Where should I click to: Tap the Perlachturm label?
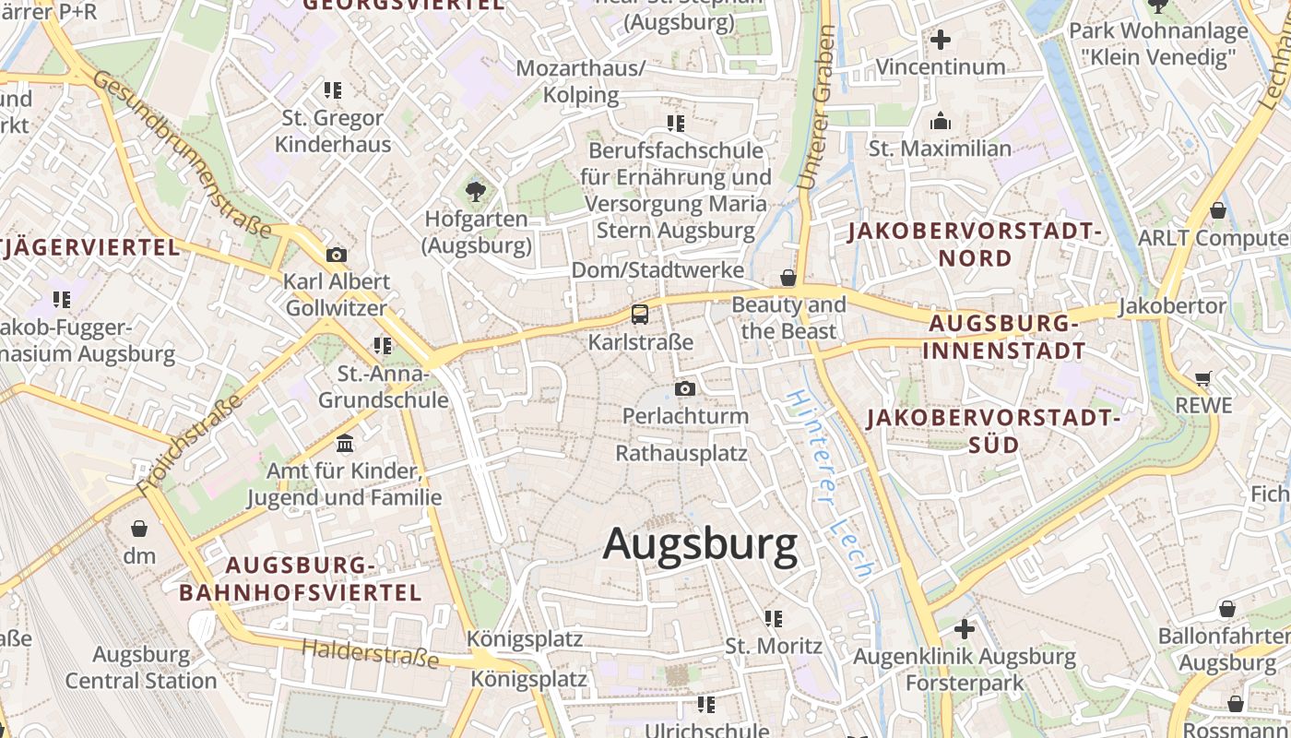tap(685, 416)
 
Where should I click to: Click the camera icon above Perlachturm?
tap(684, 389)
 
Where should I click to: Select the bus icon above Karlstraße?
tap(640, 315)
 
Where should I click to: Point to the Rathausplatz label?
tap(681, 453)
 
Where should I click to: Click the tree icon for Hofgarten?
tap(476, 192)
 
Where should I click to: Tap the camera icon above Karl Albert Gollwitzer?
tap(337, 255)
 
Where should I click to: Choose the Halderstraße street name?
tap(371, 654)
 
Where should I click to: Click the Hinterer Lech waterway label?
tap(829, 483)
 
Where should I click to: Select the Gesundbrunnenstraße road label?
tap(182, 154)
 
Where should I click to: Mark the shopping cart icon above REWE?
tap(1202, 378)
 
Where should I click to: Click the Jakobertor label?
tap(1172, 305)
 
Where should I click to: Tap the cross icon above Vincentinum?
tap(941, 41)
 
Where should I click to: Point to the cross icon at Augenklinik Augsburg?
tap(965, 629)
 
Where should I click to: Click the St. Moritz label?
tap(774, 645)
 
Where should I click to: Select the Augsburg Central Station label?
tap(141, 668)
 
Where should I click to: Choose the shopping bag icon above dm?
tap(139, 529)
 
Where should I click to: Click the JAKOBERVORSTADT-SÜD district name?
tap(993, 431)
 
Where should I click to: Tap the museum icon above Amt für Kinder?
tap(345, 444)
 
